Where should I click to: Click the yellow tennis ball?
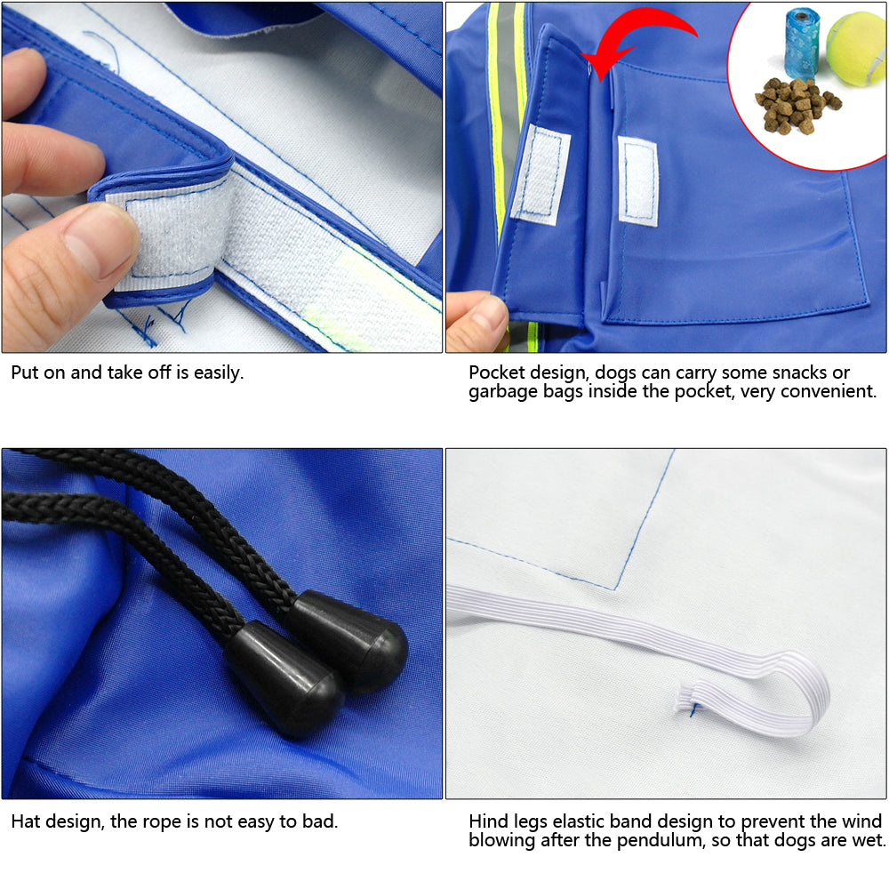(x=856, y=49)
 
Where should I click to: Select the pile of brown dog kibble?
(x=796, y=106)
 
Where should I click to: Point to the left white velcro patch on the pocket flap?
(x=541, y=174)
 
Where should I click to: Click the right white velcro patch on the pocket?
(x=638, y=181)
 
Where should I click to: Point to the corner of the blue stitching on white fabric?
(x=614, y=589)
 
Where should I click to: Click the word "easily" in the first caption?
(x=219, y=373)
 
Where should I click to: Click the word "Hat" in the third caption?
(x=25, y=821)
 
